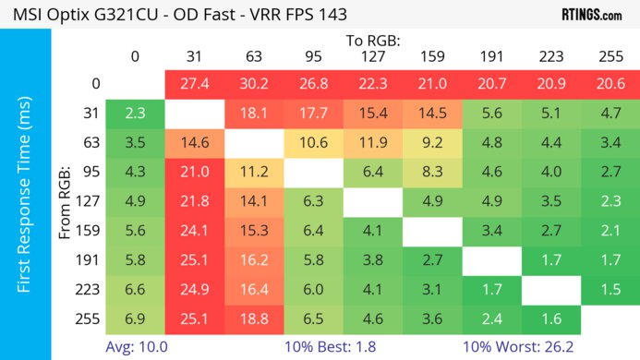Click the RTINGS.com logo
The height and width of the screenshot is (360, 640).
(591, 15)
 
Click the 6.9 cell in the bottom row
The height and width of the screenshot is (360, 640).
(135, 320)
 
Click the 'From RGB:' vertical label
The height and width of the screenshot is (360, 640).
(66, 203)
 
